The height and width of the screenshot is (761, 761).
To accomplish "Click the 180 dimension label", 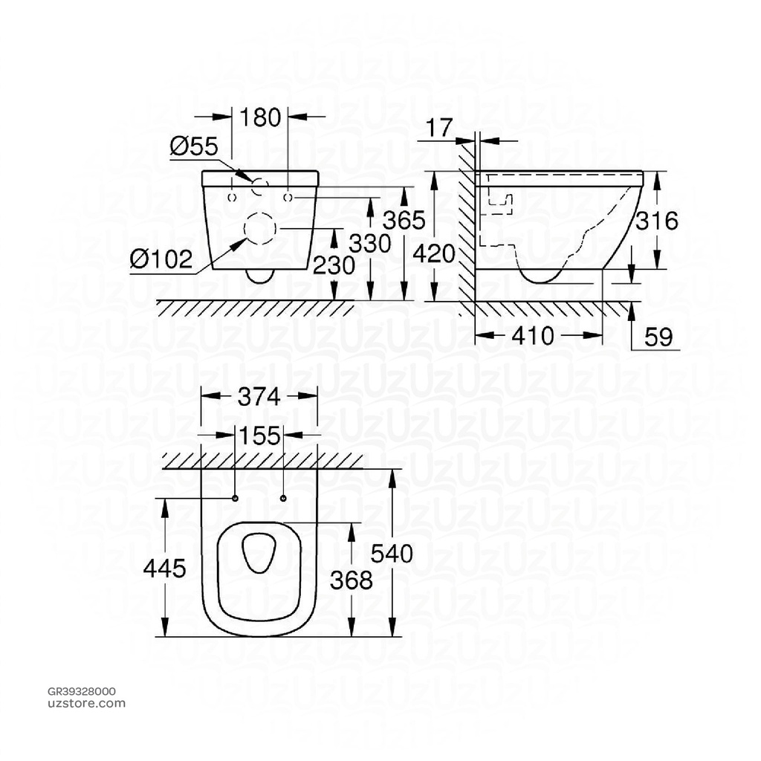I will click(260, 117).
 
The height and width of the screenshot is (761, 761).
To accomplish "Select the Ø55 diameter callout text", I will click(193, 146).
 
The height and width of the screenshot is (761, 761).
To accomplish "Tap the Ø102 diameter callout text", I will click(161, 259).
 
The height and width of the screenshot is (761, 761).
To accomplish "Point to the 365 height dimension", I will click(404, 221).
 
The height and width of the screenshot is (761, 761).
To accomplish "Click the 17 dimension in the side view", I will click(440, 128).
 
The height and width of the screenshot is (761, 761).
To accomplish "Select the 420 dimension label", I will click(433, 255).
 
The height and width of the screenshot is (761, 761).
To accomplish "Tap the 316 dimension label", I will click(658, 221).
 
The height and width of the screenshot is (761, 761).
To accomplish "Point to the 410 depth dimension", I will click(533, 337).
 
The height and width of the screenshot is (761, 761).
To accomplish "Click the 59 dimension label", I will click(657, 337).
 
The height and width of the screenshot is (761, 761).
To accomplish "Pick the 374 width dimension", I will click(259, 398).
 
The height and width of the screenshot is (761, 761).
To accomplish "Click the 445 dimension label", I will click(165, 569).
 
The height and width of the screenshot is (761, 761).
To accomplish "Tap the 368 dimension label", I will click(352, 580).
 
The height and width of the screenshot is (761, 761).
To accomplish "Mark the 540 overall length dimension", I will click(392, 554).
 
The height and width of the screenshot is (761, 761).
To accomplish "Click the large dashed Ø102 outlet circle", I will click(259, 229).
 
